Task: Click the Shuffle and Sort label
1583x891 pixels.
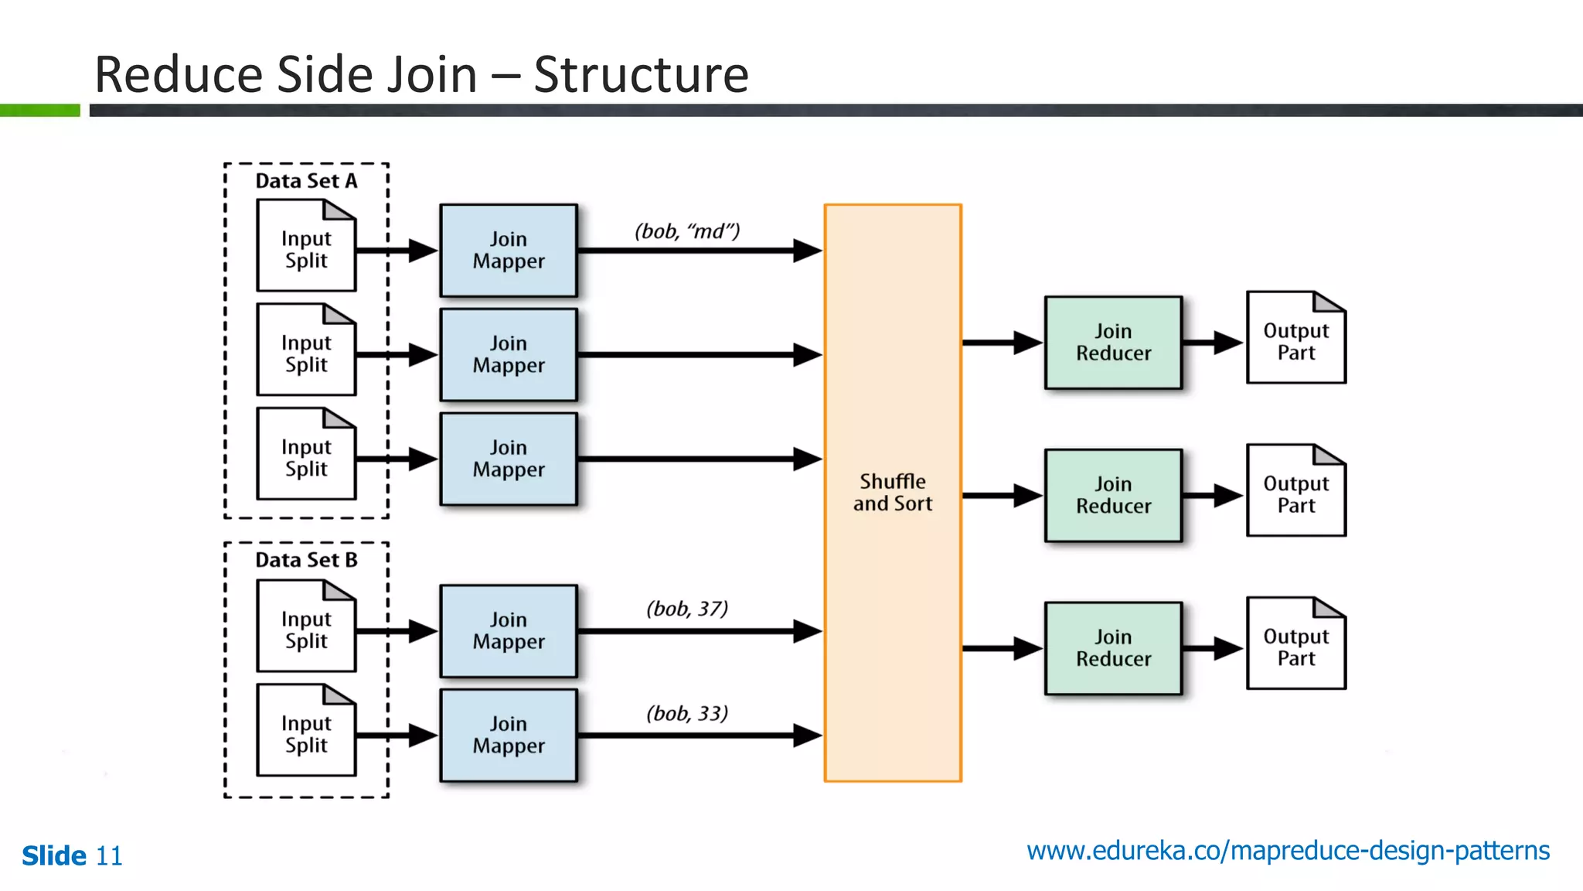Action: [892, 493]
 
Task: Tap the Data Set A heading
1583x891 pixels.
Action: [306, 181]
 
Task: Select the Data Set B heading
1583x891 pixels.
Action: [306, 560]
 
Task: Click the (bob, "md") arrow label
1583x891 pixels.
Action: [687, 231]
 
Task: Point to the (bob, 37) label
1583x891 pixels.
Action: [687, 609]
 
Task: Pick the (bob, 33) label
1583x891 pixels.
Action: [687, 713]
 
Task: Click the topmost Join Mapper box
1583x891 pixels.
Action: [509, 250]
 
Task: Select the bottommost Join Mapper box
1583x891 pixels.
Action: [509, 735]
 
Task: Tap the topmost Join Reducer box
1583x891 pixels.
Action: [1113, 342]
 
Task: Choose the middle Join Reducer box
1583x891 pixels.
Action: [1113, 495]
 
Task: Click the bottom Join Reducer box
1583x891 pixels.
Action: [1113, 648]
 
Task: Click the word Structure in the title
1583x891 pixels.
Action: [641, 75]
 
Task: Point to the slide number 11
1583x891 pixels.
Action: [109, 856]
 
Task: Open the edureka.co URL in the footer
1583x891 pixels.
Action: [1288, 851]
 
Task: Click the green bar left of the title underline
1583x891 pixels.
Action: [39, 111]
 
